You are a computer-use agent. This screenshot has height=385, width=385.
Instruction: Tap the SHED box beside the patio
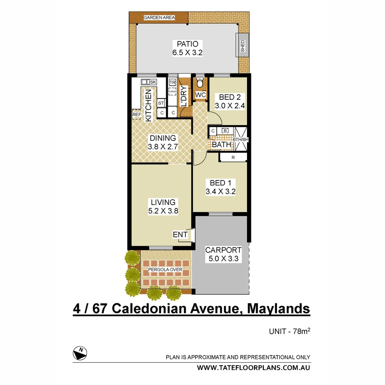[243, 46]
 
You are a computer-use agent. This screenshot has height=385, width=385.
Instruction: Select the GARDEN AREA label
[159, 17]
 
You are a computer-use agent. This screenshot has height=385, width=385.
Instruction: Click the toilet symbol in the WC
[200, 82]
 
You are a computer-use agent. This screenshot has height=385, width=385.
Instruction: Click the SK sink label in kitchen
[153, 82]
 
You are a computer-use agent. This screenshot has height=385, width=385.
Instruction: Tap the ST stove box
[161, 103]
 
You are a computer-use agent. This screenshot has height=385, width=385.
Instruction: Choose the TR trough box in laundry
[173, 83]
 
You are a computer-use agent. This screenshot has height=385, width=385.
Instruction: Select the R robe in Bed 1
[233, 157]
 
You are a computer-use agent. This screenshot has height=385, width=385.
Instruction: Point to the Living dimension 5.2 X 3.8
[163, 211]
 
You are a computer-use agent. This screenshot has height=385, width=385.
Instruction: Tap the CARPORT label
[223, 250]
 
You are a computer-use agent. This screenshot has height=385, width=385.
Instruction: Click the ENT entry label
[180, 235]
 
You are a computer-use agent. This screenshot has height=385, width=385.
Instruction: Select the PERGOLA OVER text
[165, 270]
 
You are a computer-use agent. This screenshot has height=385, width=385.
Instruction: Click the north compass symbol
[80, 353]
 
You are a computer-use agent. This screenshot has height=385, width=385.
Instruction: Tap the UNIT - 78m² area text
[289, 332]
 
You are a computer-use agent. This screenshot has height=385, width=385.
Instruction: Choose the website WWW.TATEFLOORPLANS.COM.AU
[253, 368]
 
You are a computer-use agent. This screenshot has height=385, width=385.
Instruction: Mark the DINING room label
[163, 138]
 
